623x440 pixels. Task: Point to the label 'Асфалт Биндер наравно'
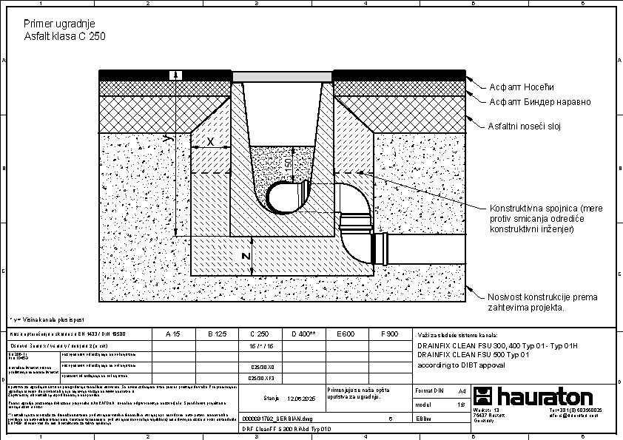540,101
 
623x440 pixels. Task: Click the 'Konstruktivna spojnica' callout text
542,218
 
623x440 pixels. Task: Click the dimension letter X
210,141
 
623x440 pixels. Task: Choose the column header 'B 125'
215,334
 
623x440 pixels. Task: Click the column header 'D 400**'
303,334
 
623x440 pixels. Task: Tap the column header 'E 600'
346,334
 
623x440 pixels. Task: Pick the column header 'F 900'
389,334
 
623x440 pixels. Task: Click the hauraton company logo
533,396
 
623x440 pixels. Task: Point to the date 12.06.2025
301,398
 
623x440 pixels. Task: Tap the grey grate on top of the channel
282,76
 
